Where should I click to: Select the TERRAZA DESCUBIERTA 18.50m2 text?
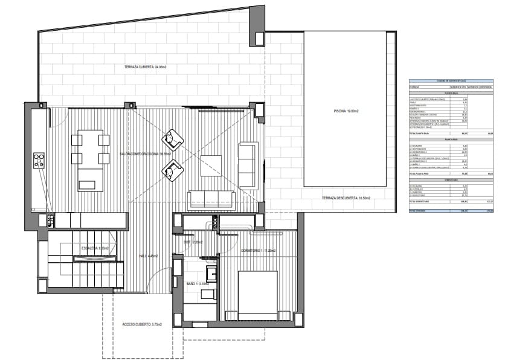345,198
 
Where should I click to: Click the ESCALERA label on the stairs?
95,248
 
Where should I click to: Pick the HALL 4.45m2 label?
149,256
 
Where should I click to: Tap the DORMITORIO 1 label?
258,251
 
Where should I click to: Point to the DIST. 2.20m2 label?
193,242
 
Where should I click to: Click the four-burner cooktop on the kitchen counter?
39,161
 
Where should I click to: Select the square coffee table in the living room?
211,166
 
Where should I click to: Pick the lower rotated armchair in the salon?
173,172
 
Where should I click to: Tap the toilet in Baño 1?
208,294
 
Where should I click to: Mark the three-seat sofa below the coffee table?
211,199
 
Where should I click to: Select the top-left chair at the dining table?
77,140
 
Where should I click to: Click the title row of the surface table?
450,80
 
